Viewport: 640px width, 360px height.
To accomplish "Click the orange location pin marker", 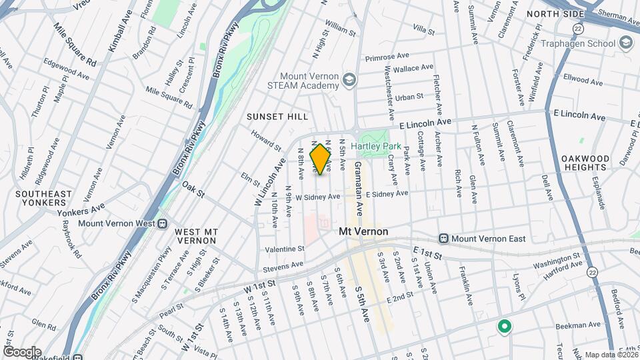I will pos(321,159).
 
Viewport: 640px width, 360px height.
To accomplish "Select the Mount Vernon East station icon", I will pos(443,239).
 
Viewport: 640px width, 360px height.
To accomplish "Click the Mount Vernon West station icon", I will pos(162,223).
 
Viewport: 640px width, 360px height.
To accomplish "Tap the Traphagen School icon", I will pos(625,43).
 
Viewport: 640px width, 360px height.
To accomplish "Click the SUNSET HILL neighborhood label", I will pos(277,117).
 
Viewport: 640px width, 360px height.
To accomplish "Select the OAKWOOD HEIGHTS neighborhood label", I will pos(585,163).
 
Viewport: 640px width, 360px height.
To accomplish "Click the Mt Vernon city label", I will pos(363,231).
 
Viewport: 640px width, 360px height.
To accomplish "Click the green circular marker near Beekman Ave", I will pos(505,327).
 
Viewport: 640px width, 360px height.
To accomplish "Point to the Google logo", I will pos(22,351).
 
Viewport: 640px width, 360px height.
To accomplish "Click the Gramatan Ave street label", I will pos(358,188).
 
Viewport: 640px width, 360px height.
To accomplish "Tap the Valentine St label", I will pos(285,249).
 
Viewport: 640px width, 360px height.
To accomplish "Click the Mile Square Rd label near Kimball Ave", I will pos(75,45).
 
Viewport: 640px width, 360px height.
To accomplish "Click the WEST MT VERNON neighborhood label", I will pos(196,236).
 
